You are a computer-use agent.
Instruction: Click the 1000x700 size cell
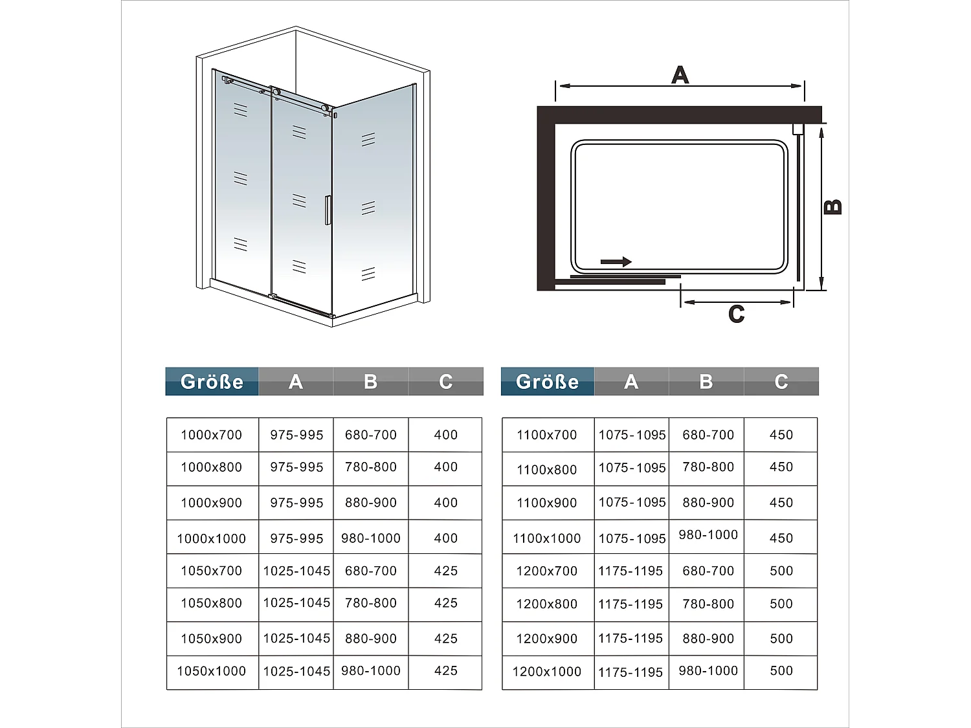[212, 435]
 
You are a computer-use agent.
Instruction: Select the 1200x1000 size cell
[547, 672]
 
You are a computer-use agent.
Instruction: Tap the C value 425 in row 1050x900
[445, 639]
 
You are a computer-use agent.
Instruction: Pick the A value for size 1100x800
[632, 468]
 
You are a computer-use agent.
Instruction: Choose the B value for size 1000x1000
[371, 538]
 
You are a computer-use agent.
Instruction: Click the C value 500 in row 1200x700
[781, 571]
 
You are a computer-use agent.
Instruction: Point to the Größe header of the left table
[212, 382]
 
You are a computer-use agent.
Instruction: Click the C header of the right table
[781, 382]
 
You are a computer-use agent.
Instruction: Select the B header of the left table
[371, 382]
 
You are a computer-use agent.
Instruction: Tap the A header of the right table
[631, 382]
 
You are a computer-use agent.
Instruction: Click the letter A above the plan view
[680, 75]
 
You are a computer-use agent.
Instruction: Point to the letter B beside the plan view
[833, 206]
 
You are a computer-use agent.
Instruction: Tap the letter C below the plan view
[737, 314]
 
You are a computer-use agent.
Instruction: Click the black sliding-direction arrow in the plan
[616, 261]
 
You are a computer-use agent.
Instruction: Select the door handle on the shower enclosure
[328, 210]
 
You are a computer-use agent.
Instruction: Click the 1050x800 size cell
[212, 603]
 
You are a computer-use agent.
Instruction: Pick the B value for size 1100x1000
[708, 535]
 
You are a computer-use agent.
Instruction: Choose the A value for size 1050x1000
[296, 672]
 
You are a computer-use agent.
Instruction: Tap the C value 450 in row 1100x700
[781, 435]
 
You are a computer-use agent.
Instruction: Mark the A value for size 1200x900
[631, 639]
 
